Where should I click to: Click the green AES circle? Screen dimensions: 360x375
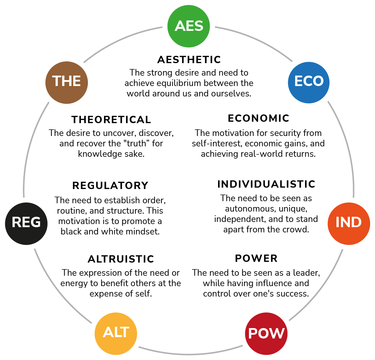tap(189, 26)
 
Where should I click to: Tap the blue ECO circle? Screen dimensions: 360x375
tap(309, 82)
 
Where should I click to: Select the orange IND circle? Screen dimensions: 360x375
tap(349, 223)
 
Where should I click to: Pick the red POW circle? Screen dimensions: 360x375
tap(266, 334)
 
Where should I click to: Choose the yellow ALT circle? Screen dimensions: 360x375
tap(116, 333)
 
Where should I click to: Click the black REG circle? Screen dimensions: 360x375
tap(26, 223)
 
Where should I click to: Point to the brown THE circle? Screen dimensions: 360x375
tap(66, 82)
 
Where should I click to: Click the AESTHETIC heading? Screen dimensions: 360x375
tap(189, 60)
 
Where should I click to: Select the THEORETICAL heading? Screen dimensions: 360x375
tap(111, 120)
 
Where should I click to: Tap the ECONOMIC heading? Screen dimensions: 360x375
tap(258, 118)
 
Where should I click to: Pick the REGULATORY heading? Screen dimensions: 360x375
tap(110, 186)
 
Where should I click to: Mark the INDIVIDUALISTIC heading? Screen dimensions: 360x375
tap(266, 184)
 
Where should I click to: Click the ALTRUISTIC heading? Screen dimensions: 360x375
tap(121, 259)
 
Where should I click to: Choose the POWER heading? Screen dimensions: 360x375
tap(256, 258)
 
